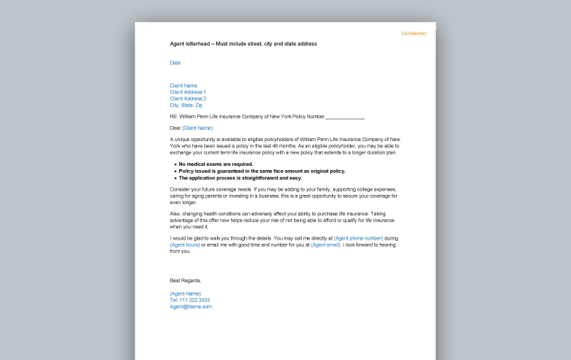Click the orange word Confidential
[414, 33]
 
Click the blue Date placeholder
[175, 62]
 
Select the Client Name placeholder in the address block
[183, 86]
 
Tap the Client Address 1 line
[188, 92]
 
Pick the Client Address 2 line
[188, 99]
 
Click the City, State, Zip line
[186, 105]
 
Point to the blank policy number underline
[345, 117]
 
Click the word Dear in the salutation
[175, 128]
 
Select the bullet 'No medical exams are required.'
[215, 164]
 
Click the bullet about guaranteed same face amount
[261, 171]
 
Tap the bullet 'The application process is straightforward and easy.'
[239, 178]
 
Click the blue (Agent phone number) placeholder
[358, 238]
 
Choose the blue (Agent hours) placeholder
[185, 244]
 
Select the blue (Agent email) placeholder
[326, 244]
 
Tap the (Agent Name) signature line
[185, 293]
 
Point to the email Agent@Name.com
[191, 307]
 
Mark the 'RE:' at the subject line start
[174, 116]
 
